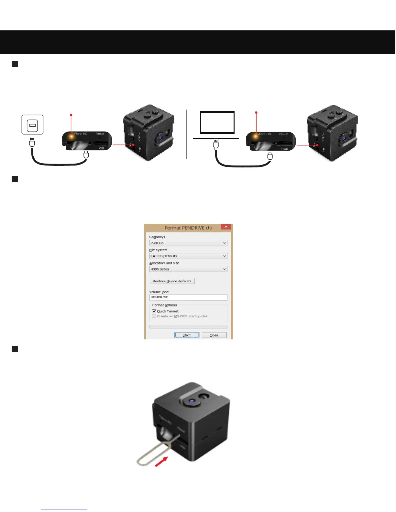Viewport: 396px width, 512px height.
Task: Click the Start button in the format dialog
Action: (x=187, y=335)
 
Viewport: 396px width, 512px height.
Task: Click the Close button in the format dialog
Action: (x=214, y=335)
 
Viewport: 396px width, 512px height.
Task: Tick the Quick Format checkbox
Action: (x=154, y=311)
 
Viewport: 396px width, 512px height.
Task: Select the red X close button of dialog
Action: (x=226, y=227)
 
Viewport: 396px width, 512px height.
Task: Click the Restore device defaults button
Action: (x=172, y=281)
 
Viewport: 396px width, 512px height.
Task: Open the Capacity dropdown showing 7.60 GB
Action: (x=188, y=243)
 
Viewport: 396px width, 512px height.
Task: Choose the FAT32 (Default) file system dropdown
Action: (x=188, y=256)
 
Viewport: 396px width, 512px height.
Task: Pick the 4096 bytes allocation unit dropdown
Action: (x=188, y=269)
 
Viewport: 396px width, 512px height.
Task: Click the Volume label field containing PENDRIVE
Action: (x=188, y=297)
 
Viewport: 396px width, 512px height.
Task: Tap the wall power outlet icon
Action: (x=32, y=125)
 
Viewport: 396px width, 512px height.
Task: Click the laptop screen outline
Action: (x=217, y=122)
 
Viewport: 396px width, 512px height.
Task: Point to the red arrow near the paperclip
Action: (x=161, y=462)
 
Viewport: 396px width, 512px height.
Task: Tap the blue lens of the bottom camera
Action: (x=192, y=401)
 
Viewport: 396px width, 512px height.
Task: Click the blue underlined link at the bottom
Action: (x=64, y=509)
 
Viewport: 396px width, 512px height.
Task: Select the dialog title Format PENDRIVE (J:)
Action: (x=188, y=228)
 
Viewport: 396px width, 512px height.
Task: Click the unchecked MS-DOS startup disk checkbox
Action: (x=154, y=316)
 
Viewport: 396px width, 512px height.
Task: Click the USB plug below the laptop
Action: (x=216, y=144)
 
